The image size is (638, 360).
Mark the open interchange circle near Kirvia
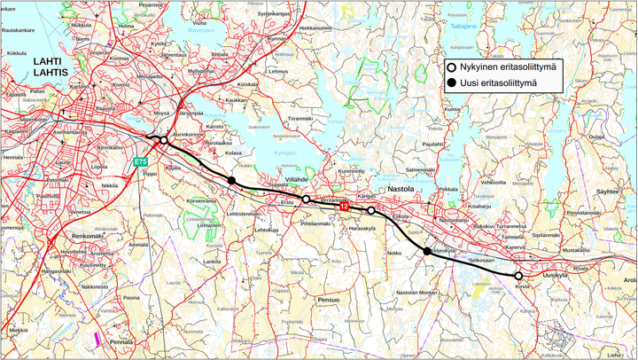pos(519,276)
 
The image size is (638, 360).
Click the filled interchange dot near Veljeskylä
pos(427,252)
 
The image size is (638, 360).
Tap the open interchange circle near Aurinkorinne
pos(163,140)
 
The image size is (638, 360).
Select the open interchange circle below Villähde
pos(306,200)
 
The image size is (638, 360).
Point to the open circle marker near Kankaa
pos(371,210)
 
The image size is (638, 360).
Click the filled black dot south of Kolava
pos(231,181)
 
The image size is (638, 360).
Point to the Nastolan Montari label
pos(417,292)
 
